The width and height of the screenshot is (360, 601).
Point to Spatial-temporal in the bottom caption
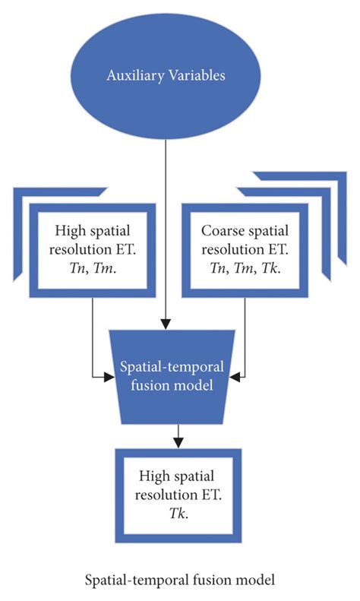point(136,580)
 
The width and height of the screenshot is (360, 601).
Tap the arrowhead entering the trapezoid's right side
point(238,375)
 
